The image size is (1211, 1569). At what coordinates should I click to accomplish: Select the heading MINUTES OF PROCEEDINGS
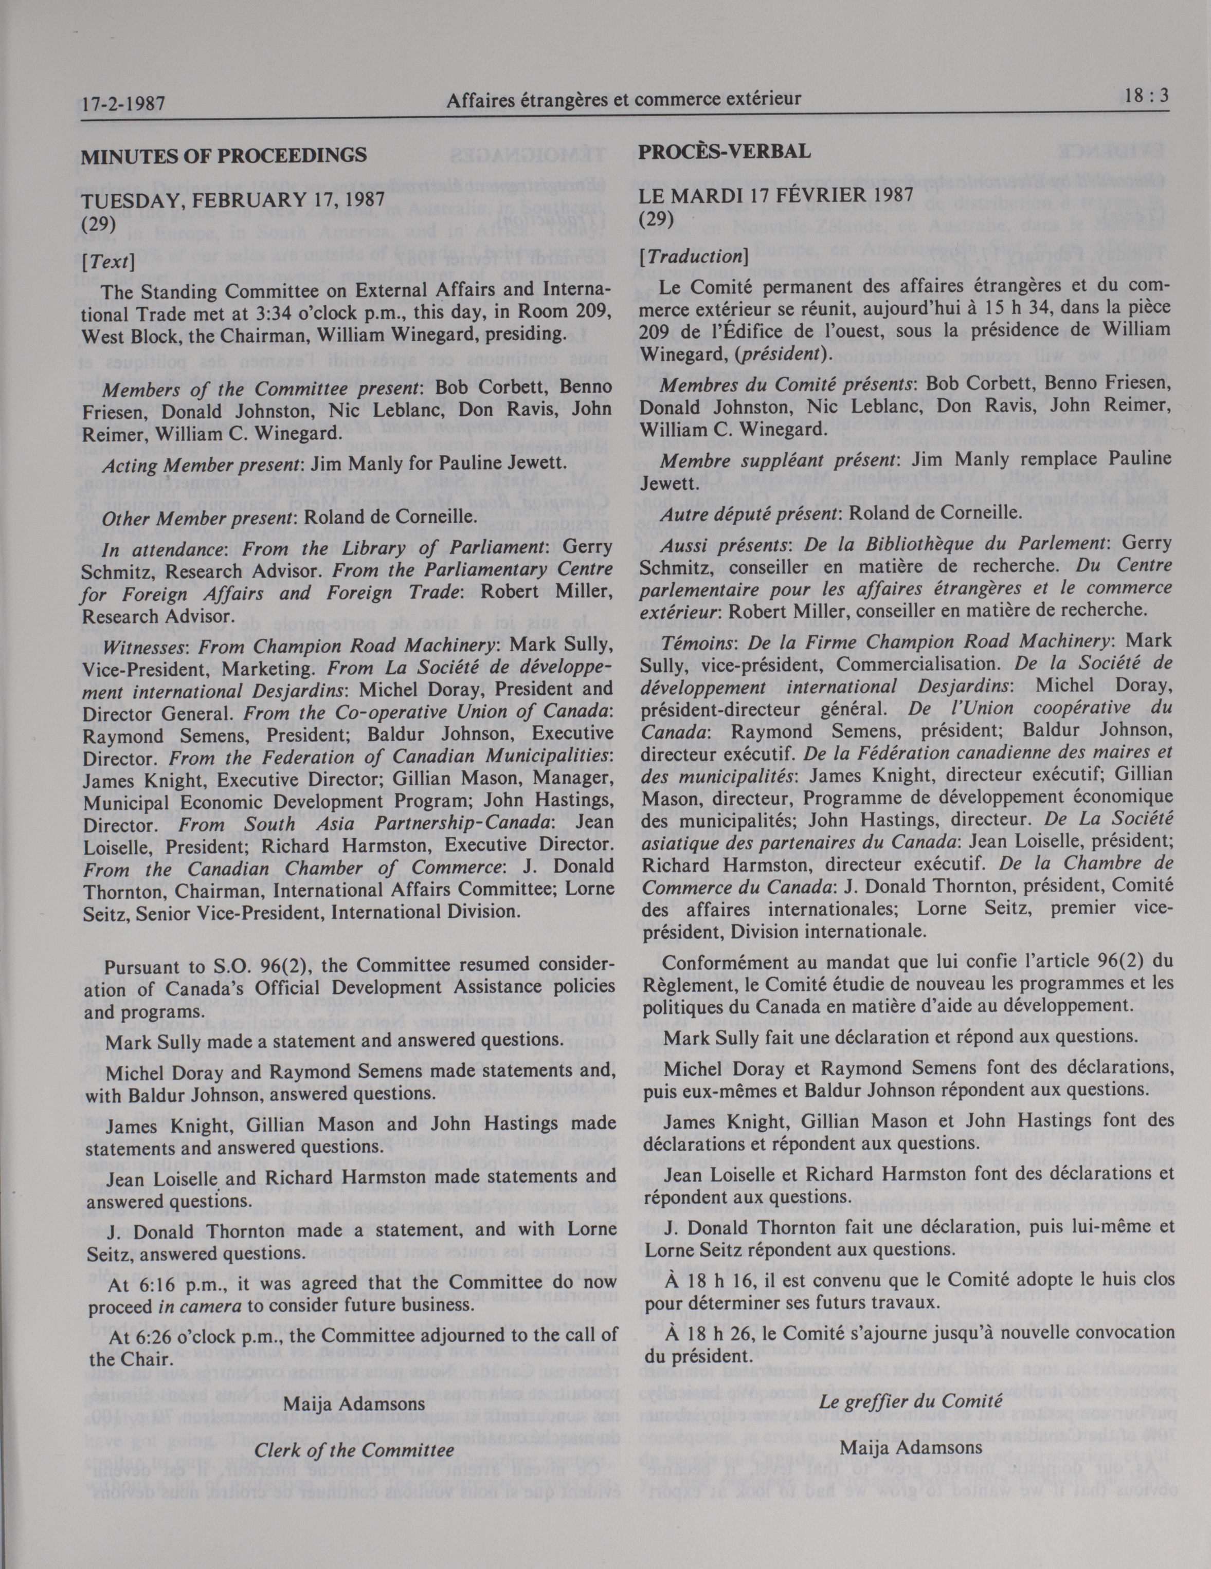tap(224, 155)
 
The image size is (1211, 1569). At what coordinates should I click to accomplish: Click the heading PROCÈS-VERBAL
tap(725, 152)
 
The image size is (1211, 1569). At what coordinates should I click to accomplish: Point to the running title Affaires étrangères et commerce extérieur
tap(623, 100)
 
